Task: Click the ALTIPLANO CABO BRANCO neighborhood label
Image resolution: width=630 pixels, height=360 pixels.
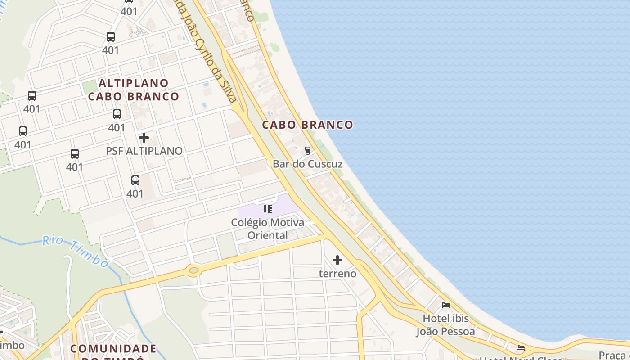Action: (x=134, y=90)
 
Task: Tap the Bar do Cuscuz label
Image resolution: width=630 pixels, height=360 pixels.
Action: (x=307, y=164)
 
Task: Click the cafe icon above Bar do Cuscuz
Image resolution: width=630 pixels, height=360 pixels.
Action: (x=308, y=150)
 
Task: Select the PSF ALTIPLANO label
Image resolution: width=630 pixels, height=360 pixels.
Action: (x=144, y=151)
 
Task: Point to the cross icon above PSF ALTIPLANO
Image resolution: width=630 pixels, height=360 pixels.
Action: (x=144, y=138)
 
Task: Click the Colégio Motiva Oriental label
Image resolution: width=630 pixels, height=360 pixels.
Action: (x=268, y=229)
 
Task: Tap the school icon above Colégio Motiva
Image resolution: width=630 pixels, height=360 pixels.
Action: (x=268, y=209)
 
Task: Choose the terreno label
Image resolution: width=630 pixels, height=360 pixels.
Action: (x=337, y=274)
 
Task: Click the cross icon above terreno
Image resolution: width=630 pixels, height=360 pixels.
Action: (x=337, y=260)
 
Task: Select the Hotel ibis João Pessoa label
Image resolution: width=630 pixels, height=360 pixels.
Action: (x=445, y=325)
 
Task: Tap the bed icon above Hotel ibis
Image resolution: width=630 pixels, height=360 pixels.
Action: (x=446, y=305)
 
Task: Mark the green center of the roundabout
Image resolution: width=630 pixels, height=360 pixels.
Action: (x=194, y=270)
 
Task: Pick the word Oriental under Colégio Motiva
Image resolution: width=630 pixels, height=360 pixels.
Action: (x=268, y=235)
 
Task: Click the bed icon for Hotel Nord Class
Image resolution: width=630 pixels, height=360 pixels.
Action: (x=521, y=348)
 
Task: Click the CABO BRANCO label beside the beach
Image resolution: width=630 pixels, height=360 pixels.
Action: (x=307, y=125)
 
